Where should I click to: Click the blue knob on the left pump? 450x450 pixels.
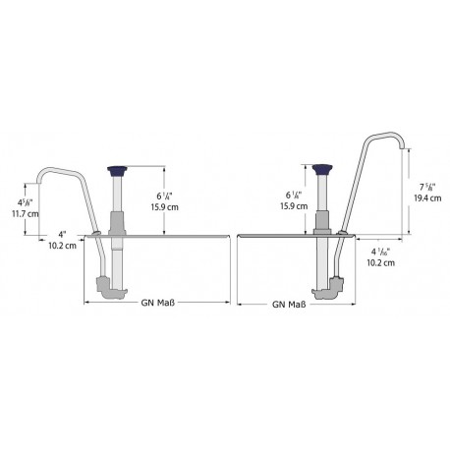(x=118, y=170)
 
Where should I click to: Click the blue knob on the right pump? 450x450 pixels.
(x=321, y=169)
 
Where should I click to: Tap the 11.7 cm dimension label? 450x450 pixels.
(x=26, y=214)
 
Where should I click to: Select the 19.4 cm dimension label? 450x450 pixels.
(x=427, y=198)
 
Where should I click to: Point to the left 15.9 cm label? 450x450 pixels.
(x=165, y=207)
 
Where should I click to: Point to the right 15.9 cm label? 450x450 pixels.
(x=294, y=206)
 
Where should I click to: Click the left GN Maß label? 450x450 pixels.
(x=158, y=303)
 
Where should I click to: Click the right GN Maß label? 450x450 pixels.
(x=289, y=305)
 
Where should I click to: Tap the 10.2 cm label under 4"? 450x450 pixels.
(x=63, y=246)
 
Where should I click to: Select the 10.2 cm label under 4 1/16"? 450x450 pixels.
(x=380, y=262)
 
